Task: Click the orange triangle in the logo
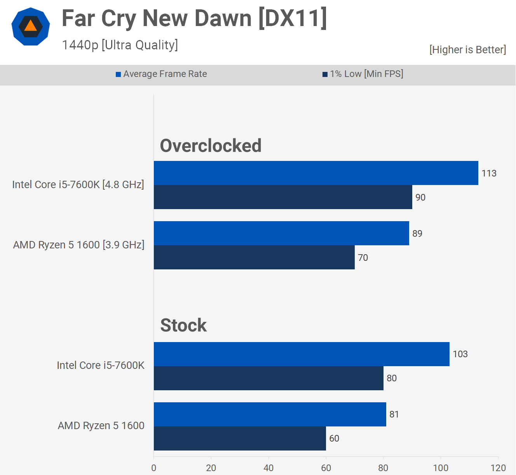(x=30, y=26)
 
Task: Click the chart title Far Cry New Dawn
(x=194, y=18)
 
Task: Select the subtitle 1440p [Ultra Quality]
(x=120, y=45)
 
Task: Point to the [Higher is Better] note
(x=467, y=50)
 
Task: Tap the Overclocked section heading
(x=211, y=146)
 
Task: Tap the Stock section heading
(x=183, y=325)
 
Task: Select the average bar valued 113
(x=316, y=173)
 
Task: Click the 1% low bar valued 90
(x=283, y=197)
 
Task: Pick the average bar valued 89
(x=281, y=233)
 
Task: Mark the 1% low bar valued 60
(x=240, y=438)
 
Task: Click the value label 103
(x=460, y=354)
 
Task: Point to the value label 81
(x=394, y=414)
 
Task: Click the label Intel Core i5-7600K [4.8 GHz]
(x=78, y=184)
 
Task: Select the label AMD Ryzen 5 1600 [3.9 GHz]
(x=78, y=245)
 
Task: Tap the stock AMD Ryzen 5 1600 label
(x=101, y=426)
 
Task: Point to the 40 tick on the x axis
(x=268, y=468)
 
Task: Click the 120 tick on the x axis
(x=498, y=468)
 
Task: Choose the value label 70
(x=363, y=258)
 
